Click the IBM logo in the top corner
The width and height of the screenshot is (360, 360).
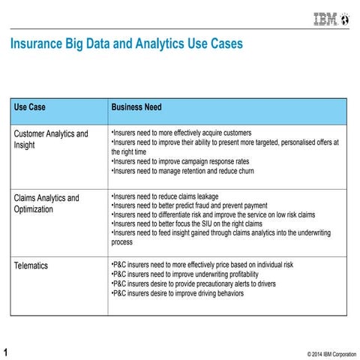[x=330, y=20]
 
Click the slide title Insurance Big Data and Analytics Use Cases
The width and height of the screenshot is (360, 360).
[x=126, y=44]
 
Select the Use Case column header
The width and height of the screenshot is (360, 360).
[x=30, y=107]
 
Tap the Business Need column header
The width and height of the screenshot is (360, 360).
[x=136, y=107]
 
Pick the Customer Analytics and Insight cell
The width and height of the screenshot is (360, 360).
[x=51, y=139]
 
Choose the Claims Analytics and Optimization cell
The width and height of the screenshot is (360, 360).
[x=46, y=203]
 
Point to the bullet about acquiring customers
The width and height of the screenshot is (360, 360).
[x=181, y=133]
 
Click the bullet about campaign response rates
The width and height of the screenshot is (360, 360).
[x=180, y=161]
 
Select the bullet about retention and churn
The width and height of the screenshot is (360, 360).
[x=182, y=171]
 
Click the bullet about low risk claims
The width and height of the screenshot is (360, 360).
[x=213, y=215]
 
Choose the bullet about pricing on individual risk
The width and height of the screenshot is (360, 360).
[x=202, y=265]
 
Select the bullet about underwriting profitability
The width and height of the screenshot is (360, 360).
[x=185, y=274]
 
